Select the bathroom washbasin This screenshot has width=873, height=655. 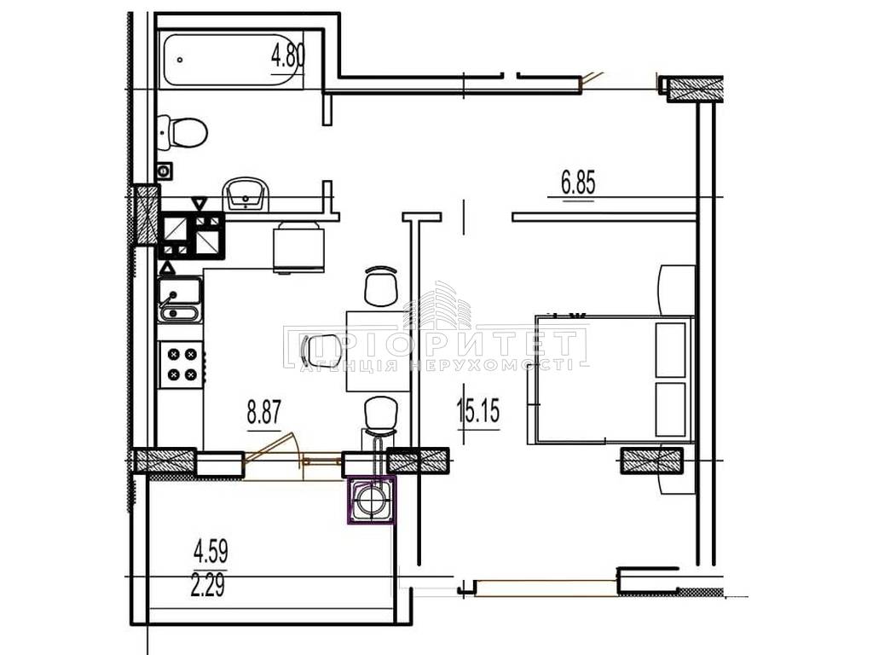click(246, 194)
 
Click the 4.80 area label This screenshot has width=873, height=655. click(288, 56)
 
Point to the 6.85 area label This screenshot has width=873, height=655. click(579, 183)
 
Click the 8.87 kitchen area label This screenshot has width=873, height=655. click(264, 413)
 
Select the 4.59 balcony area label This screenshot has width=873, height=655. click(211, 552)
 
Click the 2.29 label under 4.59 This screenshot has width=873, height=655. click(208, 585)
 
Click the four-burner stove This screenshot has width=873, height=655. click(182, 363)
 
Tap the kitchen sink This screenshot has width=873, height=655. click(179, 300)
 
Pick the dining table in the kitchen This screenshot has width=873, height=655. click(379, 351)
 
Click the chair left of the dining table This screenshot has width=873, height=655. click(320, 350)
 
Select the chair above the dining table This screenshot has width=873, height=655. click(381, 286)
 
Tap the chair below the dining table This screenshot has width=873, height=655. click(381, 416)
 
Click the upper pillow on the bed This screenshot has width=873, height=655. click(670, 349)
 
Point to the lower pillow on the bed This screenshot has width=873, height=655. click(670, 409)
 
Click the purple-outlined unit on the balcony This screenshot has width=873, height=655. click(372, 500)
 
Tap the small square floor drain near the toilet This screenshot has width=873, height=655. click(165, 171)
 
